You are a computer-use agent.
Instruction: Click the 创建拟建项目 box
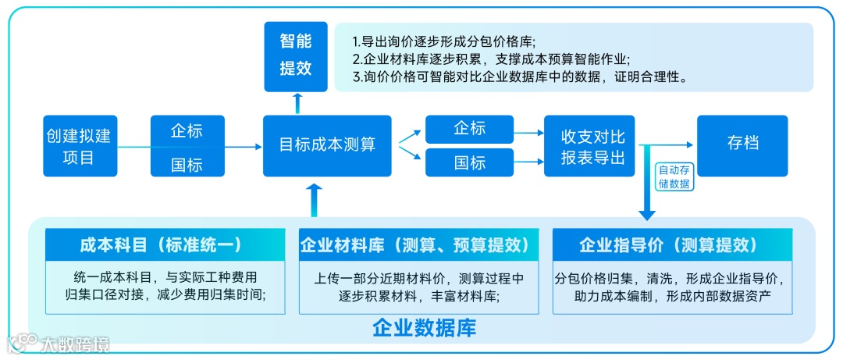78,146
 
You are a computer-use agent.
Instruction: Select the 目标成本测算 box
327,145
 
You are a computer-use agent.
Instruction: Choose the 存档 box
742,144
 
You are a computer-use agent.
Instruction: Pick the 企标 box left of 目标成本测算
187,130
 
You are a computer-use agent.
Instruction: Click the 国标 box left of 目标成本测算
187,164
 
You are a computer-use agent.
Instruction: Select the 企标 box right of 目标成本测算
469,129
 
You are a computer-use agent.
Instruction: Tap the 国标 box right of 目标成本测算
469,162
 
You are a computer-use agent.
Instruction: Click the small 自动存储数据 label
674,176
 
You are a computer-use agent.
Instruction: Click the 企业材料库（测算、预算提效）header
419,244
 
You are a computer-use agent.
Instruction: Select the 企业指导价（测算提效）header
671,244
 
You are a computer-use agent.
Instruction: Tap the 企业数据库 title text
424,326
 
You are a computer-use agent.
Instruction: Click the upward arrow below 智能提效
296,102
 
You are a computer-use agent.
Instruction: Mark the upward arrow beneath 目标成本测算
314,200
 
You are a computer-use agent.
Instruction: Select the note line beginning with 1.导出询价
445,41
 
